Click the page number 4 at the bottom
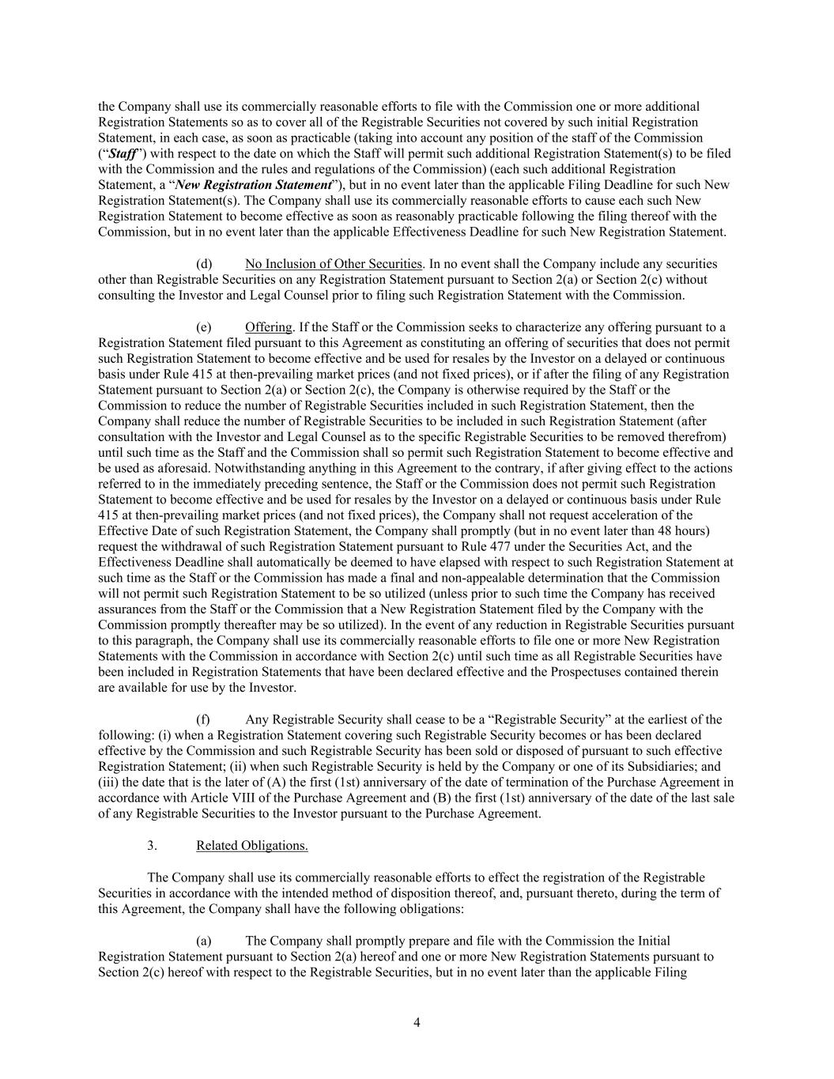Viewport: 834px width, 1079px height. (x=417, y=1023)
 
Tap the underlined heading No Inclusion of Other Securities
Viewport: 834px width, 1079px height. (x=334, y=264)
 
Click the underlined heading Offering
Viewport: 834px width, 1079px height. (x=268, y=327)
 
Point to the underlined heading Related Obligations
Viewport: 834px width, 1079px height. (x=251, y=846)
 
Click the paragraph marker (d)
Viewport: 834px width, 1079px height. (x=204, y=264)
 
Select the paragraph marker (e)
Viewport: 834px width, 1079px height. (x=204, y=327)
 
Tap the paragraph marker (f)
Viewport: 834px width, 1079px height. (x=203, y=719)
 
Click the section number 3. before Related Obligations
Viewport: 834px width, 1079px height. (x=152, y=846)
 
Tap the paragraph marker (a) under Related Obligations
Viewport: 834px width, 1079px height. (x=204, y=941)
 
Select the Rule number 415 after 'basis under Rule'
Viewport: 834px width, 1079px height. (x=202, y=374)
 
